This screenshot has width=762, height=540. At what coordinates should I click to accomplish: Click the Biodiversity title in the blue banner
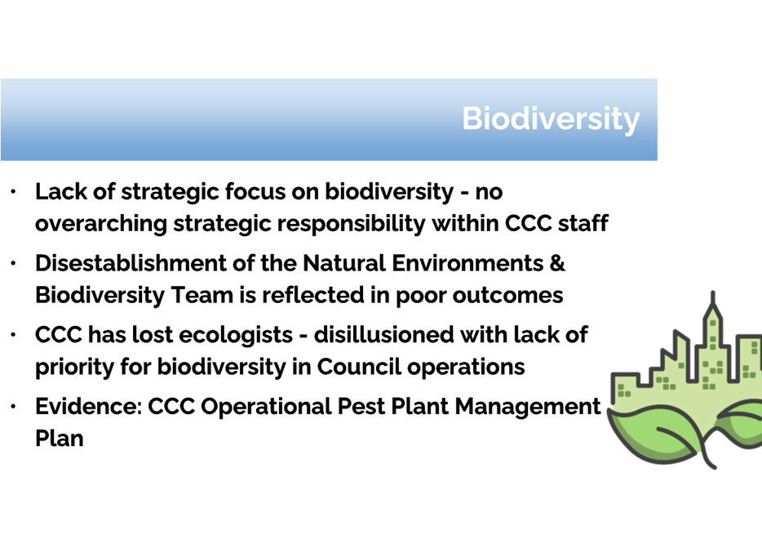click(x=551, y=119)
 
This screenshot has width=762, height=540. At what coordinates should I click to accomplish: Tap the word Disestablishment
click(x=131, y=263)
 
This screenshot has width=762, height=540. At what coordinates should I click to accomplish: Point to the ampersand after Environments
click(x=557, y=263)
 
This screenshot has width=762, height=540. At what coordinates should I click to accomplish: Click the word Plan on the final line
click(x=60, y=439)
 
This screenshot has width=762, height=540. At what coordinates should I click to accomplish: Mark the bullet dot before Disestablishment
click(x=14, y=263)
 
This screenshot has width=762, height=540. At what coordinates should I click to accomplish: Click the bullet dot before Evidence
click(x=14, y=406)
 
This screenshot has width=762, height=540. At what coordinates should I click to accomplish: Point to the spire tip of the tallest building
click(x=713, y=292)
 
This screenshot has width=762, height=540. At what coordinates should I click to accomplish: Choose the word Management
click(x=528, y=407)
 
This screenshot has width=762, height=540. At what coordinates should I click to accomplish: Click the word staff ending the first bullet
click(x=583, y=223)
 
